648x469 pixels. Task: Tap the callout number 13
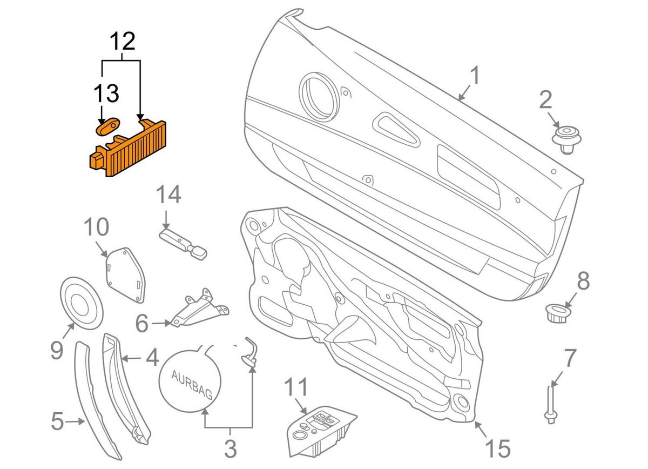106,93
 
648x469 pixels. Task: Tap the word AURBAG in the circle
192,383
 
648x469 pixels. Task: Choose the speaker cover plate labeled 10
125,273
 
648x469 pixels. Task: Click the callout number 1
474,77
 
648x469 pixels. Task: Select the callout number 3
230,448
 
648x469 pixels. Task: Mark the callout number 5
57,421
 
